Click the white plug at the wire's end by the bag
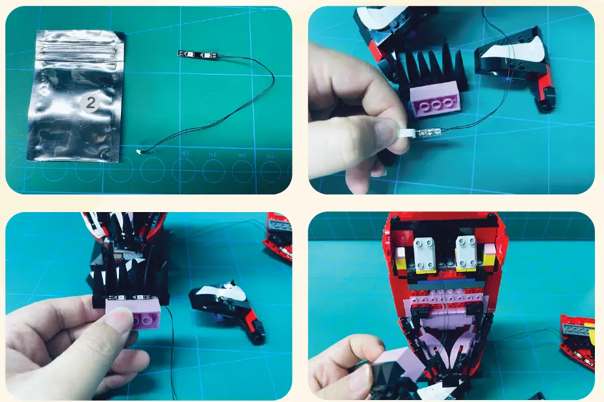point(140,153)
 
